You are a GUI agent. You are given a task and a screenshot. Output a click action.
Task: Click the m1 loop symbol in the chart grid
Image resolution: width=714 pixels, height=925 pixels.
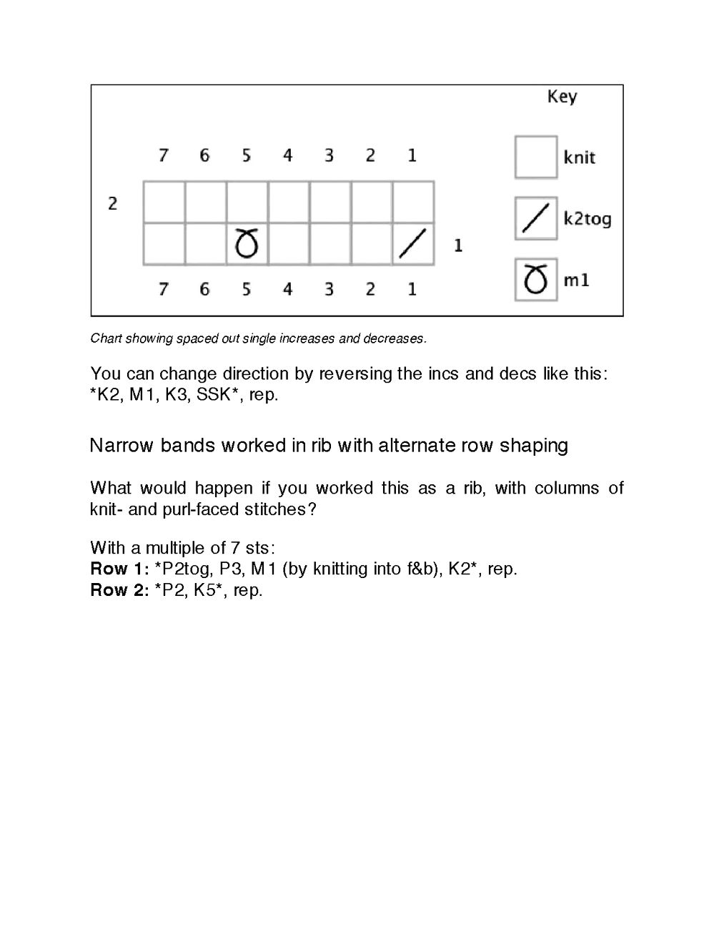pos(247,244)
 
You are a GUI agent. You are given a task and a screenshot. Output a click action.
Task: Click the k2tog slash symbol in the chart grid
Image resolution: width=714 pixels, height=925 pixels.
pos(412,244)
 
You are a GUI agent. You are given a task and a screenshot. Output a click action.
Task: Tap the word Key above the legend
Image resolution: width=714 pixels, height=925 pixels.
pos(562,97)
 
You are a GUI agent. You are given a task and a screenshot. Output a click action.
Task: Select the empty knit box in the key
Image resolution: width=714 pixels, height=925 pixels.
pos(535,157)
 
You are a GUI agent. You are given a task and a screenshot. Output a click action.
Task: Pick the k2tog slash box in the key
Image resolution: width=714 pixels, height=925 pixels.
pos(535,218)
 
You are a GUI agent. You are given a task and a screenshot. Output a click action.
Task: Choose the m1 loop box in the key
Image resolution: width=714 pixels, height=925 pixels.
pos(535,280)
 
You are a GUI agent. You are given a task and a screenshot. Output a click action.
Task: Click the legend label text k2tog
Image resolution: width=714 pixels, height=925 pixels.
pos(587,219)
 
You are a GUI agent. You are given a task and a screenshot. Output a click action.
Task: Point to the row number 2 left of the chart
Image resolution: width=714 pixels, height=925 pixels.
pos(112,204)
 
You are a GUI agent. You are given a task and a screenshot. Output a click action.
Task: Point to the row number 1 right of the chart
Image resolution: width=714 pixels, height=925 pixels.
pos(458,245)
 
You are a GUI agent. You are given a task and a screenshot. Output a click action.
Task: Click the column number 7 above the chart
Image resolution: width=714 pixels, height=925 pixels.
pos(164,155)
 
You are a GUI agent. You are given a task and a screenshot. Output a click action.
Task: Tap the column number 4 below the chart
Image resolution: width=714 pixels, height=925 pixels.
pos(287,290)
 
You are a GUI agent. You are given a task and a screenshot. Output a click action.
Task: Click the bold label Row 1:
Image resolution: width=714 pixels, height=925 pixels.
pos(119,569)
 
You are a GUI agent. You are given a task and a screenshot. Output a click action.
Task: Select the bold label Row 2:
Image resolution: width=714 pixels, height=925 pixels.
pos(119,590)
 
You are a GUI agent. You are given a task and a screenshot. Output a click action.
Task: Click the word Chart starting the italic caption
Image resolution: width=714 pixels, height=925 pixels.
pos(106,338)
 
